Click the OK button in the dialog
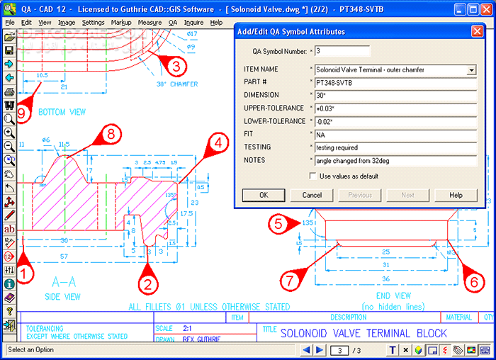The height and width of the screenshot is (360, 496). [x=263, y=195]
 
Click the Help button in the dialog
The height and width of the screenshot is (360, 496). [x=456, y=195]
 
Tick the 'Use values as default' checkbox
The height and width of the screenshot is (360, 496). [x=314, y=176]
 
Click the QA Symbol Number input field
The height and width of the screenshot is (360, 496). [x=343, y=51]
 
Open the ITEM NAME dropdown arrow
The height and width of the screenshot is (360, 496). [x=471, y=70]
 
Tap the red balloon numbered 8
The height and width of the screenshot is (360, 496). [x=108, y=133]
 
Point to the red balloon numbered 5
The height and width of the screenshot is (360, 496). [x=278, y=224]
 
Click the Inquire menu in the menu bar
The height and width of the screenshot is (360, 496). [x=193, y=23]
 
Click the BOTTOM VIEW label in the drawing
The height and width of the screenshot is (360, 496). [x=62, y=113]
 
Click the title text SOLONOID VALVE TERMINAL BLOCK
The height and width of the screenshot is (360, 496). [x=363, y=332]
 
